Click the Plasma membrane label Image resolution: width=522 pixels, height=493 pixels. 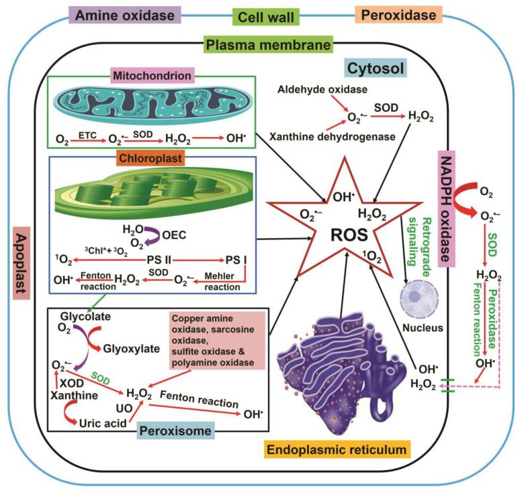coord(268,46)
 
